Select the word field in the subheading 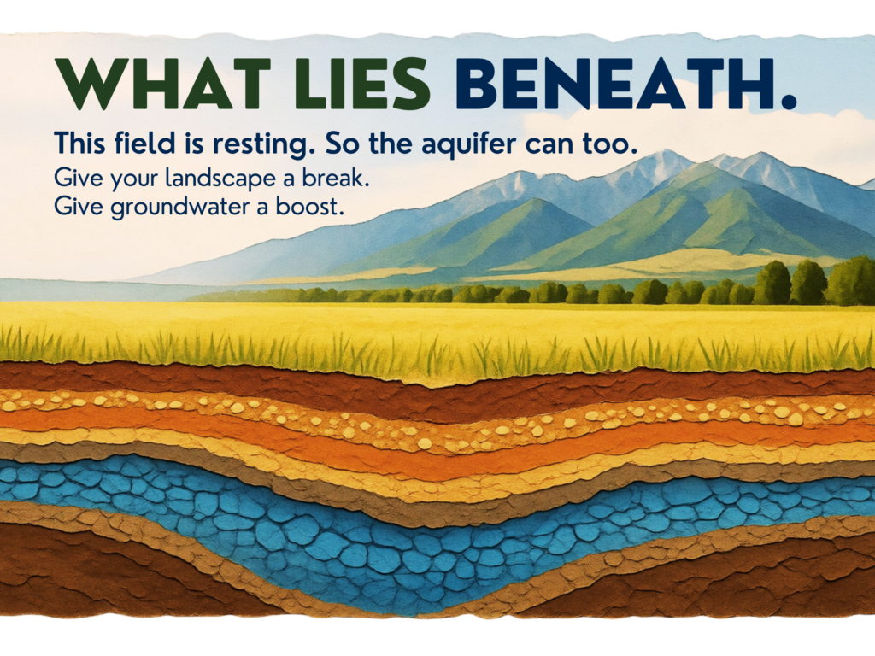click(144, 143)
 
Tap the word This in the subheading click(79, 143)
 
